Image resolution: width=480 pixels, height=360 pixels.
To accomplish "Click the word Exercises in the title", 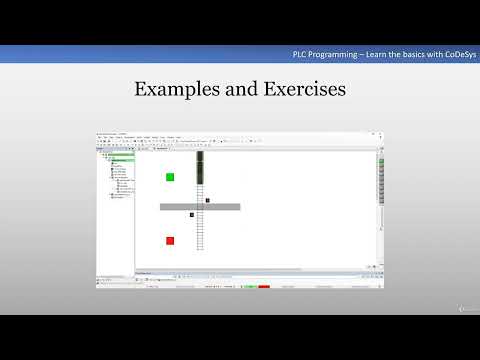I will [301, 90].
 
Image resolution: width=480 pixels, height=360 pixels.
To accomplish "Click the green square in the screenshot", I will [170, 177].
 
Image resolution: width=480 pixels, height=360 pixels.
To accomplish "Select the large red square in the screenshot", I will [170, 240].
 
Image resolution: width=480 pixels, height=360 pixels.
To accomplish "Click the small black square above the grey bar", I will [207, 200].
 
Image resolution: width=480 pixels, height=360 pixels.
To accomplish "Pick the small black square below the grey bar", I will [191, 214].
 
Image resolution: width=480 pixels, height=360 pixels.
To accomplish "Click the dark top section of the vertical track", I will [200, 168].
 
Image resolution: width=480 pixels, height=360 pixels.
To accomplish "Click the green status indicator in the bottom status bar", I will [251, 286].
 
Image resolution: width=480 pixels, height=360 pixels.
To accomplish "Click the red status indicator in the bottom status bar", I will [264, 286].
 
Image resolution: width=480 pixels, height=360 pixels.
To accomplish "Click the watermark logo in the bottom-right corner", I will [467, 309].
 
